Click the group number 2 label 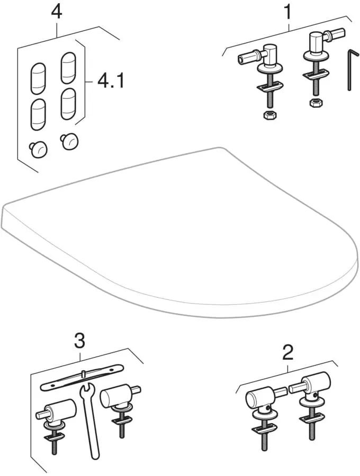click(288, 353)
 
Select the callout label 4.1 click(111, 81)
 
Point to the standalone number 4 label click(56, 12)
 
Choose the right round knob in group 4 click(69, 141)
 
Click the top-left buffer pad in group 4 click(38, 79)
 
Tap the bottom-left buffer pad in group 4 click(38, 114)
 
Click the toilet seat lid click(180, 233)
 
